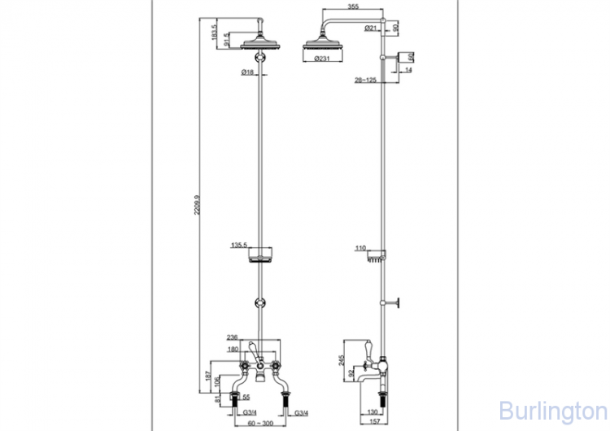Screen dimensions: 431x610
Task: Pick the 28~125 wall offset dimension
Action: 365,81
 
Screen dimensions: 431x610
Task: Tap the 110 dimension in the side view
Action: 361,248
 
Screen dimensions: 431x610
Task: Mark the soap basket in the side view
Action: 375,259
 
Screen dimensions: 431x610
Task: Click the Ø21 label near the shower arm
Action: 369,28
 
